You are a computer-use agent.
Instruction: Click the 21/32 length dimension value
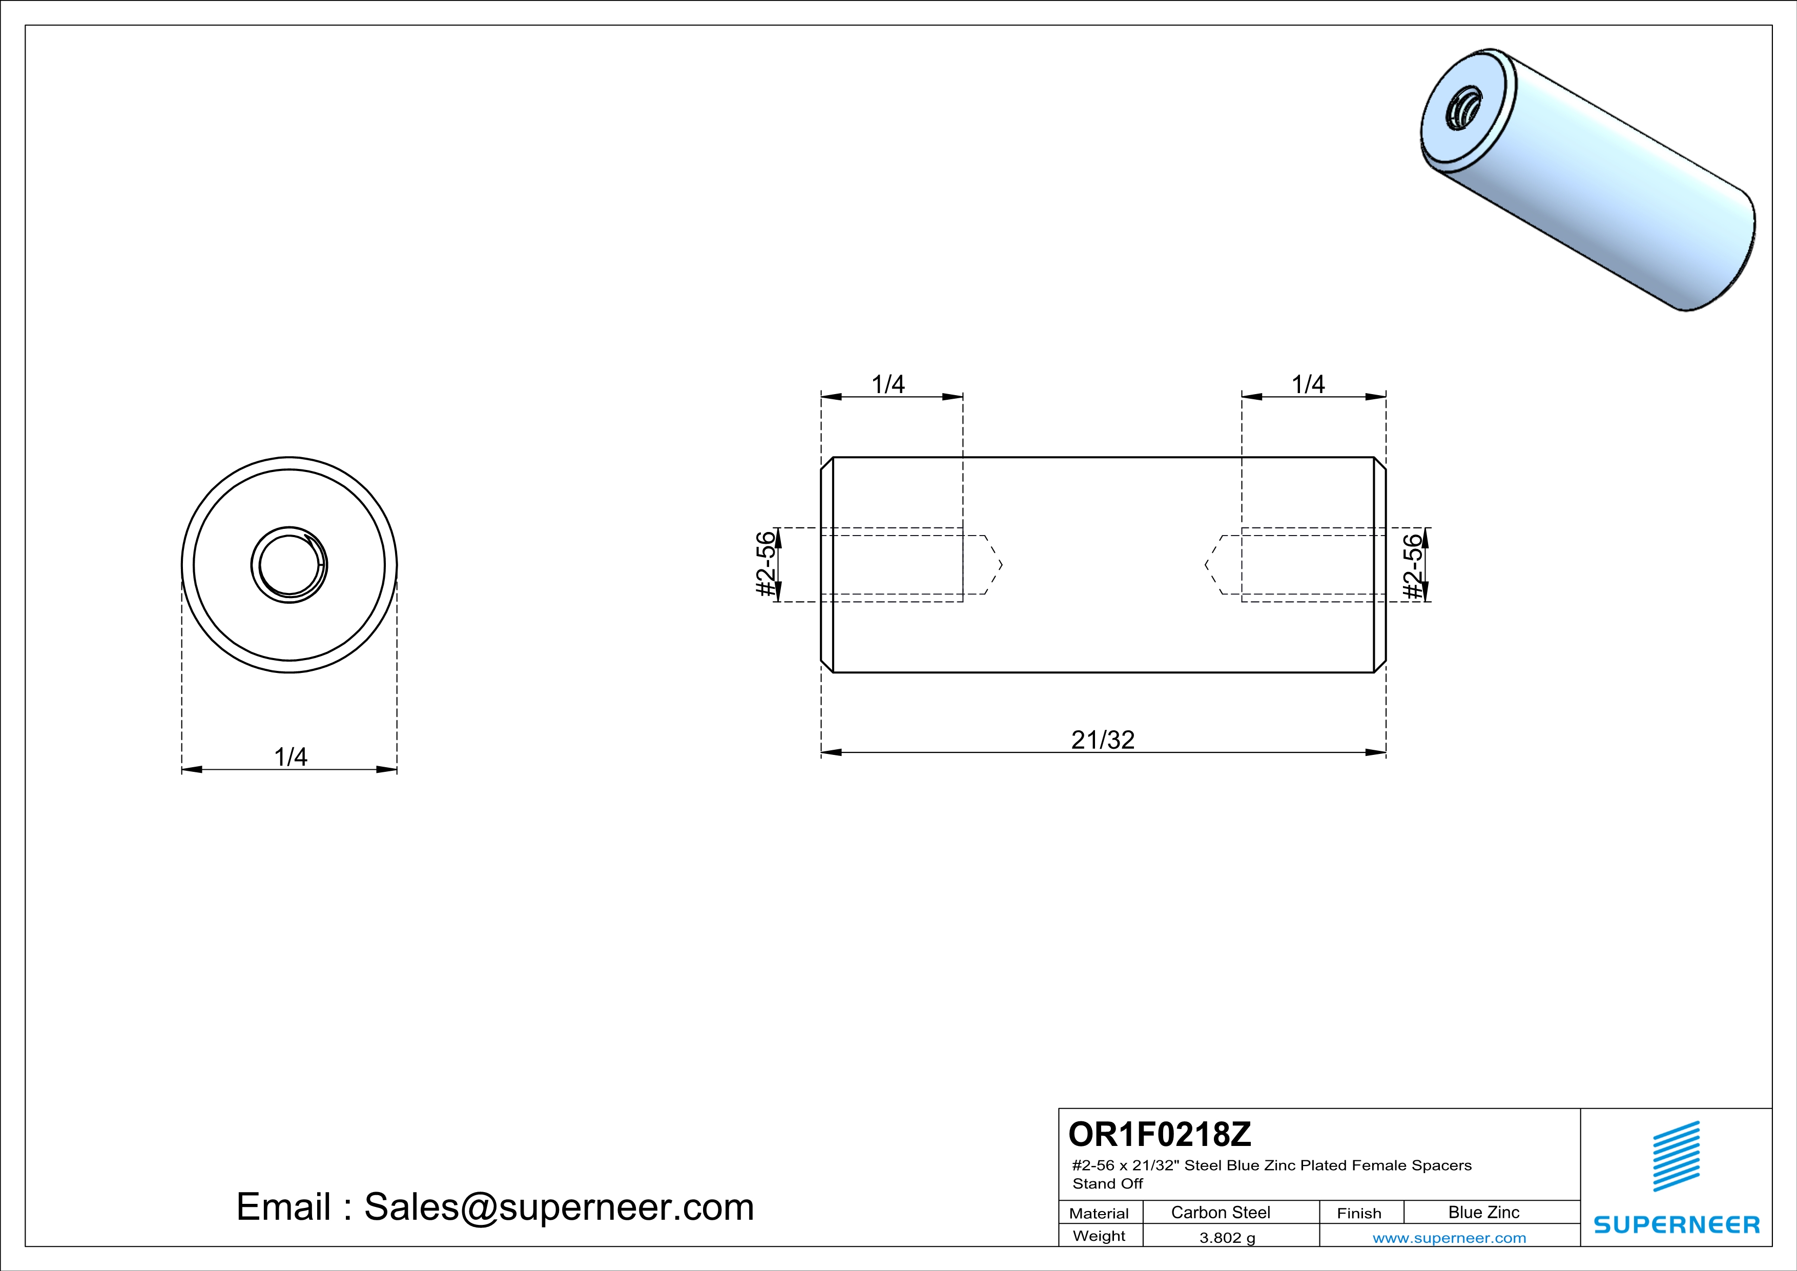1103,740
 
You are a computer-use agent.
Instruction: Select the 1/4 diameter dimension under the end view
291,757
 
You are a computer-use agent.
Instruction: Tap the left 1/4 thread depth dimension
889,384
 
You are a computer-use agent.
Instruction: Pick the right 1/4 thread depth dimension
1308,384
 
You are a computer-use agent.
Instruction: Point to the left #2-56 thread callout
767,564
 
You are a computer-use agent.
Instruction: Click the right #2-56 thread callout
1413,566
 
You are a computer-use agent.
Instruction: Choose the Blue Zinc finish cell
1484,1212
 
